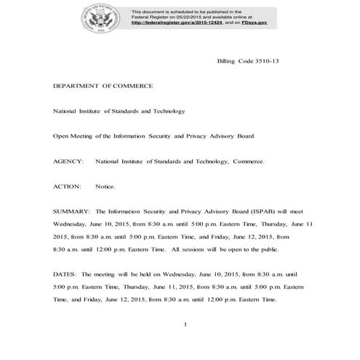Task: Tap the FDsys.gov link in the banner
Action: (252, 23)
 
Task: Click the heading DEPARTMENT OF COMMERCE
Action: (103, 86)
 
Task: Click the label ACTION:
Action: (67, 186)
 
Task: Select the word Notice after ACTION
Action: (105, 186)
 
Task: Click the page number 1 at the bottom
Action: (186, 324)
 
